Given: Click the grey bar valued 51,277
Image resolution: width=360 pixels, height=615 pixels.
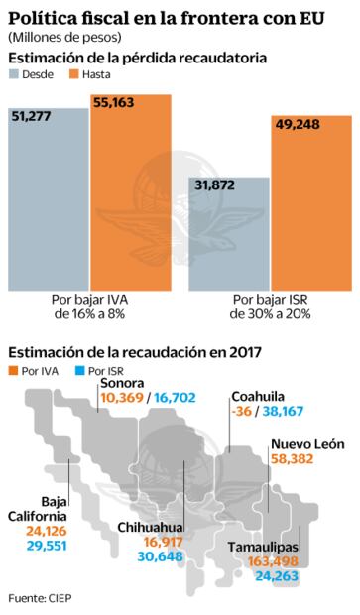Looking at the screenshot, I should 49,198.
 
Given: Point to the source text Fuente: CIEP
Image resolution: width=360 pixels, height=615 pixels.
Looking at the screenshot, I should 40,598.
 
